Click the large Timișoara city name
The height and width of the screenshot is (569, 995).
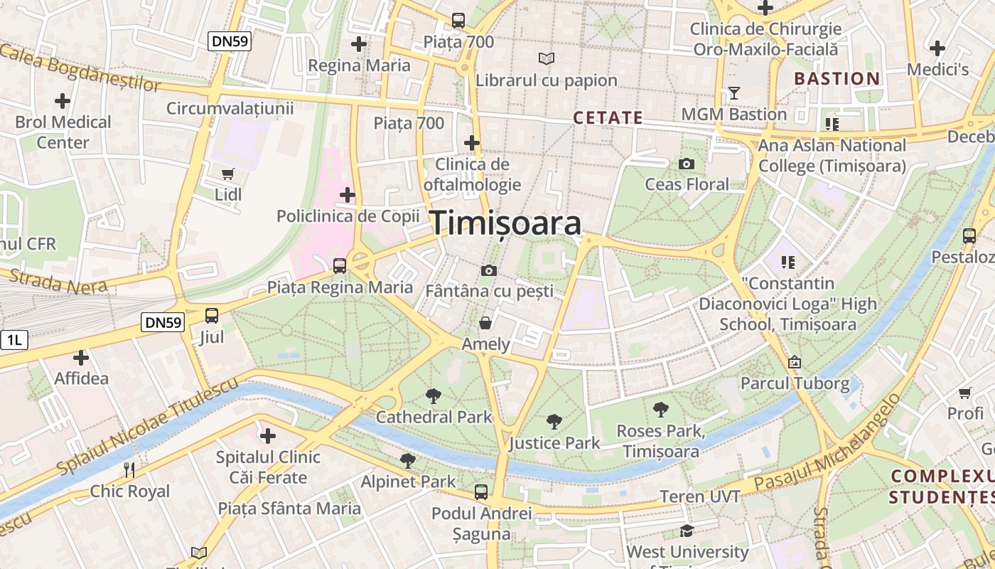click(506, 223)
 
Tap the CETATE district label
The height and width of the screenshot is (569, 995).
click(608, 118)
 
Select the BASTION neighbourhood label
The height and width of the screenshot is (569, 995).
click(837, 79)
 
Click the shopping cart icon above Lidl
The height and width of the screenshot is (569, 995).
click(228, 174)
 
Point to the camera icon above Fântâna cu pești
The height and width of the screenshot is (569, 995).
click(488, 270)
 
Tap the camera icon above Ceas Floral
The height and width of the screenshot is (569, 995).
click(686, 164)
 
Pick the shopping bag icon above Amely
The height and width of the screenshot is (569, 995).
click(485, 324)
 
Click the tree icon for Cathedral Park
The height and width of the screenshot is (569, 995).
click(433, 396)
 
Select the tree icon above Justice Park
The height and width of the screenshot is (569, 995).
click(554, 422)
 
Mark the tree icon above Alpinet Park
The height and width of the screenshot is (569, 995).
click(407, 461)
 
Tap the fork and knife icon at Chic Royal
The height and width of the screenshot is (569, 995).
click(129, 470)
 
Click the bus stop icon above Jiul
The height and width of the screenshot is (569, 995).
click(211, 316)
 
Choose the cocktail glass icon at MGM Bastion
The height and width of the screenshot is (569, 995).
click(733, 93)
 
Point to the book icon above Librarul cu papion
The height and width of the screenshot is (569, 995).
click(546, 59)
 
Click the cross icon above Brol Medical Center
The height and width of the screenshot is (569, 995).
click(63, 101)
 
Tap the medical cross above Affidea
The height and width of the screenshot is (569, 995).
click(81, 358)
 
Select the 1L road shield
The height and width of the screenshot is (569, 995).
click(14, 340)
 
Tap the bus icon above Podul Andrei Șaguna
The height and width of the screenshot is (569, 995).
click(481, 491)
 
